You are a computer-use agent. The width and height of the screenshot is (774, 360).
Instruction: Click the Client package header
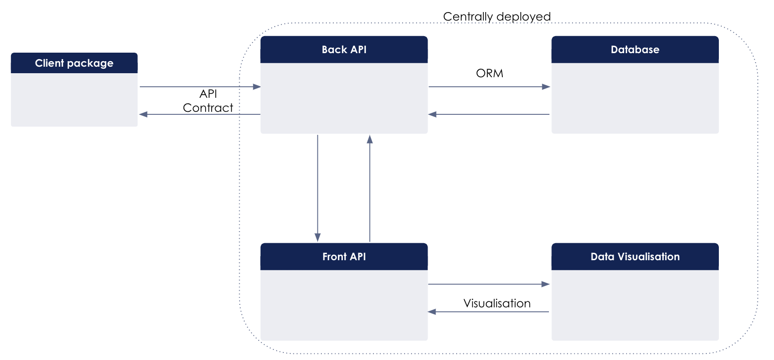tap(74, 63)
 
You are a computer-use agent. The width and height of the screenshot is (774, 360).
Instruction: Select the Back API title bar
tap(344, 50)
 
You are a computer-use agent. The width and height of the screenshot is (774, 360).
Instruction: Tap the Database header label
tap(635, 50)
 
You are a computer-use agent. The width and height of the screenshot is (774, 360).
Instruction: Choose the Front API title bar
tap(344, 257)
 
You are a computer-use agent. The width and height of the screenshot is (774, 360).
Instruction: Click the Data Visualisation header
tap(635, 257)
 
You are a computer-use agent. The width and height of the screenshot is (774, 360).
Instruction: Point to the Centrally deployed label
tap(496, 17)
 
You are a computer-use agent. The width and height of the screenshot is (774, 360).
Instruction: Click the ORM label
tap(489, 74)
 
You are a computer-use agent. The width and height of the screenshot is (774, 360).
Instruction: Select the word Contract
tap(208, 107)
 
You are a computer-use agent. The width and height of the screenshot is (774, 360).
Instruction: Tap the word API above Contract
tap(208, 94)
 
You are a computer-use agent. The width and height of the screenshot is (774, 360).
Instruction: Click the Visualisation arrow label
tap(497, 303)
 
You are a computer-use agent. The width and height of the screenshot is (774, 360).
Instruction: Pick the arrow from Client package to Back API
tap(200, 87)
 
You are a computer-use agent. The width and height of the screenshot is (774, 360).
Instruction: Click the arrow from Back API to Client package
tap(200, 114)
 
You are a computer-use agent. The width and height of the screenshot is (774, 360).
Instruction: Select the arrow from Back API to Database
tap(489, 87)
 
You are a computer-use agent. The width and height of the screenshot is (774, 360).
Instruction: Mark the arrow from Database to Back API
tap(489, 114)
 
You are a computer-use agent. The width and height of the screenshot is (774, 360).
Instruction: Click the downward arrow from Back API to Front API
tap(317, 188)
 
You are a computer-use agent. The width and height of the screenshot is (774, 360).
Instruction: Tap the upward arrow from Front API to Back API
tap(370, 188)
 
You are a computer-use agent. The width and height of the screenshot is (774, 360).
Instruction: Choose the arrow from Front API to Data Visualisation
tap(489, 284)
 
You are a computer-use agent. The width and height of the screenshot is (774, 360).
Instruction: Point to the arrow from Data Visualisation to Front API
tap(489, 312)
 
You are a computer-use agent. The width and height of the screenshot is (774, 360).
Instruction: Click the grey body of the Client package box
tap(74, 100)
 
